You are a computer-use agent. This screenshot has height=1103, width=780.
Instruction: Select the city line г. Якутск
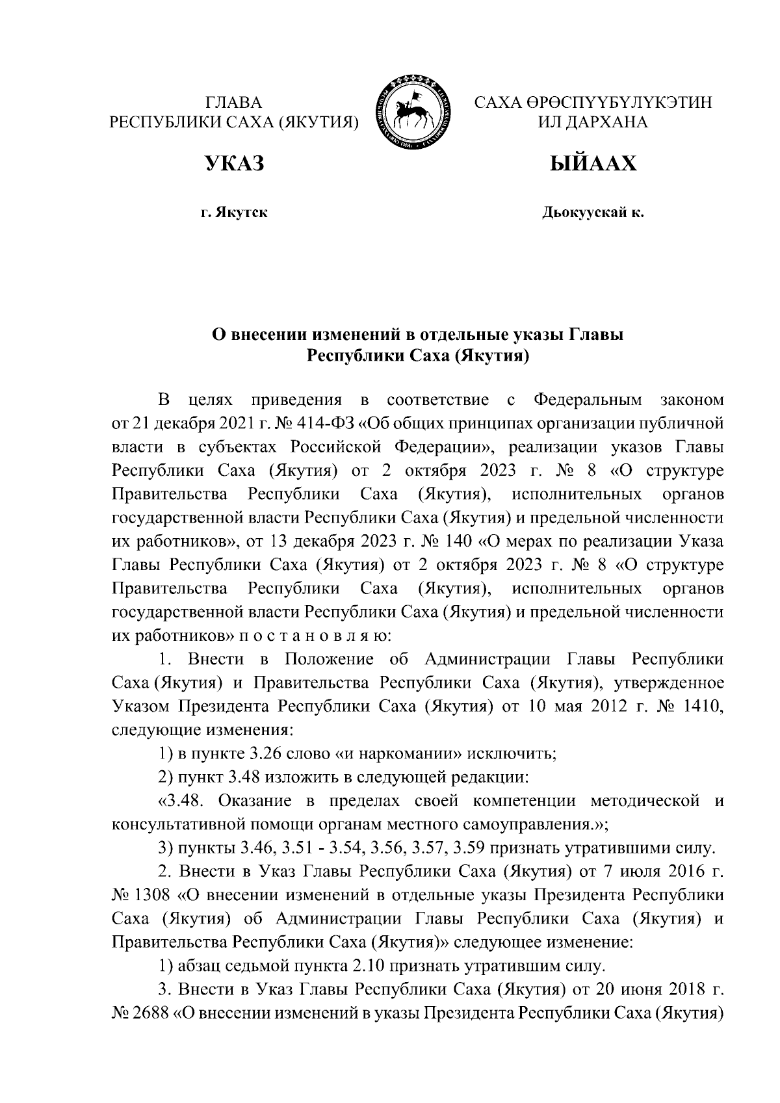click(x=235, y=212)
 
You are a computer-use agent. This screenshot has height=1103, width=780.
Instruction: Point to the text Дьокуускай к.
click(x=593, y=212)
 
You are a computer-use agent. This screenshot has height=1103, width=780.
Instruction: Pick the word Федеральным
click(x=587, y=400)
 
